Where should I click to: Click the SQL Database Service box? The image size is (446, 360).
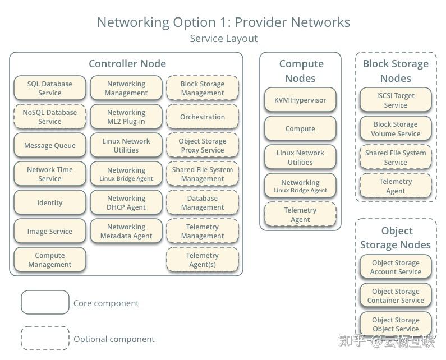point(50,89)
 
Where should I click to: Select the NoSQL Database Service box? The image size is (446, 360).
point(50,117)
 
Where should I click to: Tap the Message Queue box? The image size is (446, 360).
point(50,146)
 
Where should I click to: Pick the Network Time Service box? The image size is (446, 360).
point(50,174)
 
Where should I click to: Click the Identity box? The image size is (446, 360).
point(50,203)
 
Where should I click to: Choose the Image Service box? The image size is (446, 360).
point(50,232)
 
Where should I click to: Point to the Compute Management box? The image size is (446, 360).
point(50,260)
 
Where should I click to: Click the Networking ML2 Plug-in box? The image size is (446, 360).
point(126,117)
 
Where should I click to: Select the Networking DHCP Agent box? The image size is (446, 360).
point(126,203)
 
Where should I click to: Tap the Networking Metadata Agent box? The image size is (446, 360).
point(126,232)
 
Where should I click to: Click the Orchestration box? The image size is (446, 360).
point(203,117)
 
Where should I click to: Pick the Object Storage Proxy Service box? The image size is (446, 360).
point(203,146)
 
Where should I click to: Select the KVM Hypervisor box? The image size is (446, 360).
point(300,100)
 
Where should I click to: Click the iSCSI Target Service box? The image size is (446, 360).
point(396,100)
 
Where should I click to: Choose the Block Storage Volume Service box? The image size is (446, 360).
point(396,129)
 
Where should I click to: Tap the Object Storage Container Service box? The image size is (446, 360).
point(396,296)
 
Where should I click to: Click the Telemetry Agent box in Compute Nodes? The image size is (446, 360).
point(300,215)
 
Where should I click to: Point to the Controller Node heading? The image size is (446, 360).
point(127,64)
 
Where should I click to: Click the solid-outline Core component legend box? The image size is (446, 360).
point(45,303)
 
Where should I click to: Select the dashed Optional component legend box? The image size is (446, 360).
point(45,339)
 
